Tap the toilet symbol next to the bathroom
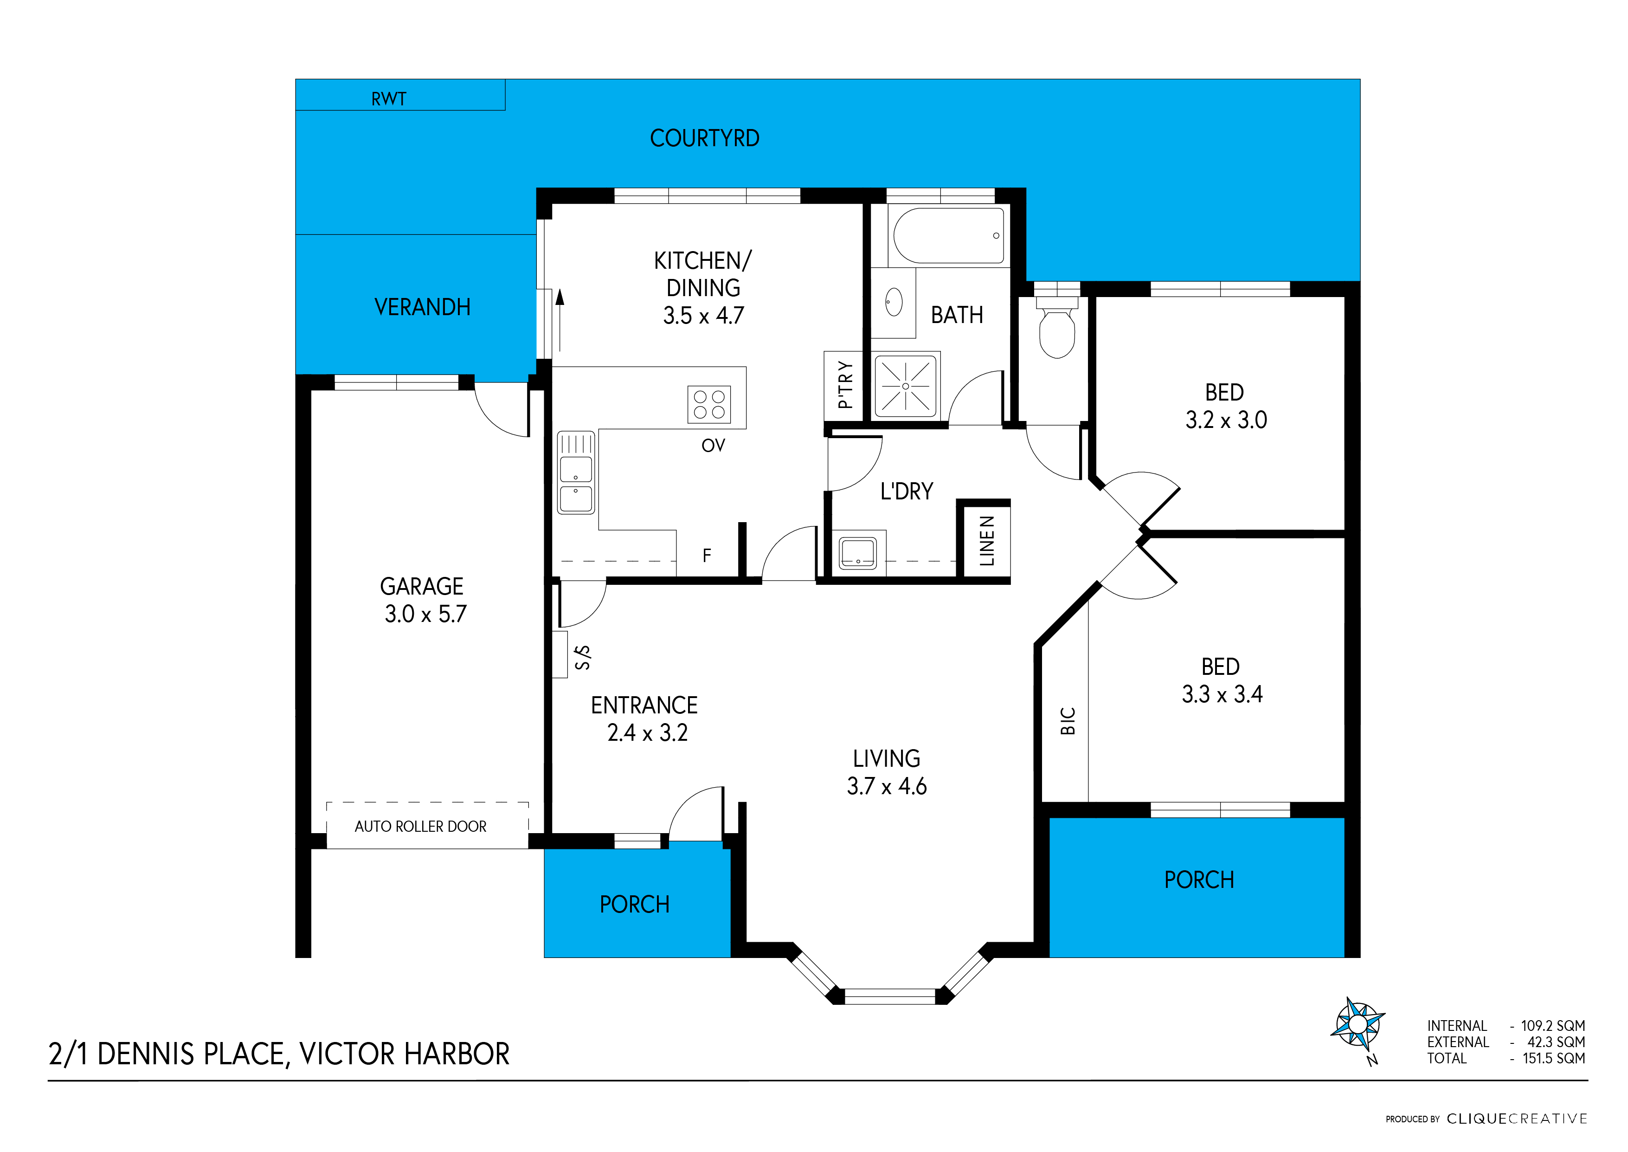[x=1056, y=330]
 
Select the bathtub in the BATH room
[x=948, y=235]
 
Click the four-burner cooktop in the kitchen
[x=709, y=404]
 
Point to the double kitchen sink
[x=576, y=472]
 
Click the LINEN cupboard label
[x=986, y=541]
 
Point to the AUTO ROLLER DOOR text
[x=420, y=826]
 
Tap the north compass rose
[x=1357, y=1024]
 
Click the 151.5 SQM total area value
[x=1554, y=1058]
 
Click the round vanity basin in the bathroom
[x=894, y=302]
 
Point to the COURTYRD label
[x=704, y=138]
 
